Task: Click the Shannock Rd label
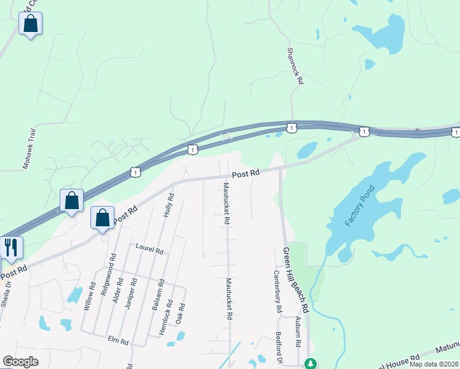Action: [296, 66]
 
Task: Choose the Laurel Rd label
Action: [149, 251]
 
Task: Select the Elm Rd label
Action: [117, 341]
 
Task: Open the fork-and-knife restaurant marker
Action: [11, 247]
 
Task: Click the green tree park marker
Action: [312, 363]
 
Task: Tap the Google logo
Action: [20, 361]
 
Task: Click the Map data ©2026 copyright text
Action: [434, 364]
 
